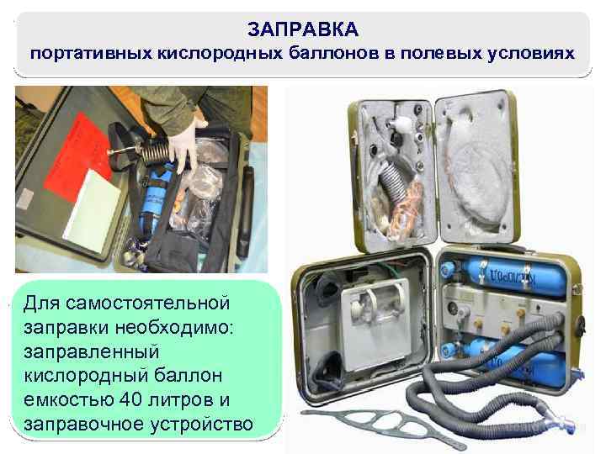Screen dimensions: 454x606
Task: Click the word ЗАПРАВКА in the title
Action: (x=303, y=30)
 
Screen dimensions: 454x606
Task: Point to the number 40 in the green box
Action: (x=135, y=399)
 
